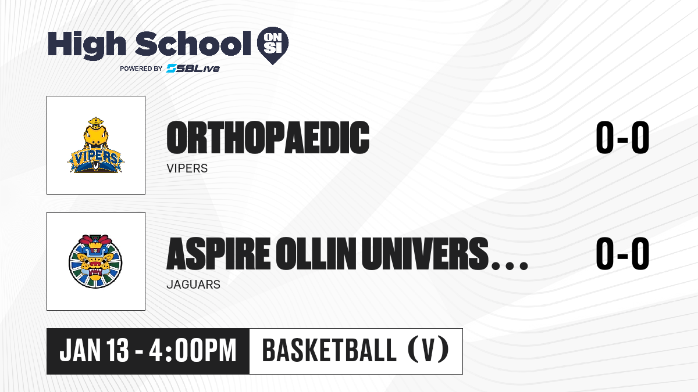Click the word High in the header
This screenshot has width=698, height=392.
point(87,45)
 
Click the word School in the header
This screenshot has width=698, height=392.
point(193,44)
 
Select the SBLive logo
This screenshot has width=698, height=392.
point(193,68)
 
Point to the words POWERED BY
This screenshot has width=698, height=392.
point(141,69)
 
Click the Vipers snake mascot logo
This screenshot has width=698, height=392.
point(95,145)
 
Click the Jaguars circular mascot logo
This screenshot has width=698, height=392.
point(95,261)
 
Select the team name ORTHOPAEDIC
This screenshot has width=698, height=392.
point(268,138)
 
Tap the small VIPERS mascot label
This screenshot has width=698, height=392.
point(187,168)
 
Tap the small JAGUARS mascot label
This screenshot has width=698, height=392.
point(194,285)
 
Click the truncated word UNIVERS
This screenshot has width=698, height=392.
point(425,254)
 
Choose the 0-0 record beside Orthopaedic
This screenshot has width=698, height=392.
point(622,138)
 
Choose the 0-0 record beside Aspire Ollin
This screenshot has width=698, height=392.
point(622,254)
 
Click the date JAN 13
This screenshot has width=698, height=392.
point(94,350)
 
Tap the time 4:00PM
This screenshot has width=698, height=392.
point(193,350)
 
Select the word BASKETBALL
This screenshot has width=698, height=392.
point(329,350)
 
